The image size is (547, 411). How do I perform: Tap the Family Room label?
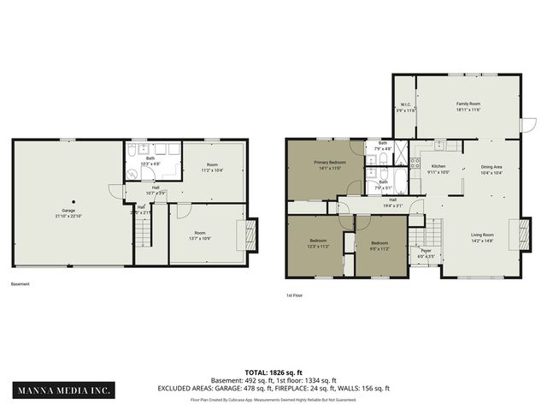(x=468, y=103)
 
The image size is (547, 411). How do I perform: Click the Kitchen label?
(x=438, y=166)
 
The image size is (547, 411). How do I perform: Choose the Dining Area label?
(x=491, y=167)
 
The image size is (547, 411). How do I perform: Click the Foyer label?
(x=425, y=251)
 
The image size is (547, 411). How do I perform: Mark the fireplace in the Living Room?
(x=516, y=233)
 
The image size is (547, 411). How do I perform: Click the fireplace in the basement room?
(x=250, y=233)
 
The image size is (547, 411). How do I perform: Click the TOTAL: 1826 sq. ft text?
(x=273, y=372)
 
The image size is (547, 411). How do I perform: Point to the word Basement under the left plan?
(x=21, y=284)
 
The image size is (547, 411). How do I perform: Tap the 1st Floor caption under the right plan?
(x=295, y=295)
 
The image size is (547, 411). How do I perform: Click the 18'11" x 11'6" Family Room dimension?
(x=468, y=109)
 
